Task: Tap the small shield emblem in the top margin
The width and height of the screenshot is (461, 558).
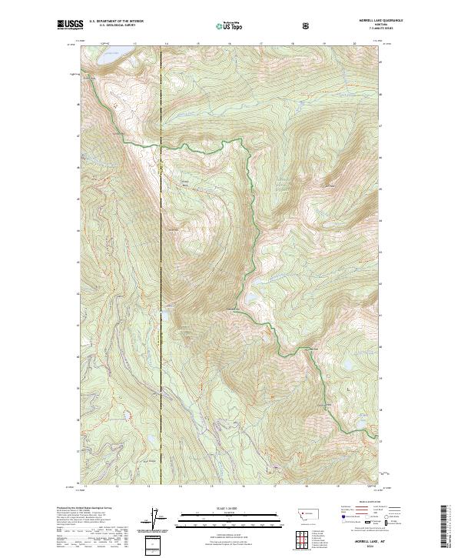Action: [307, 26]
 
